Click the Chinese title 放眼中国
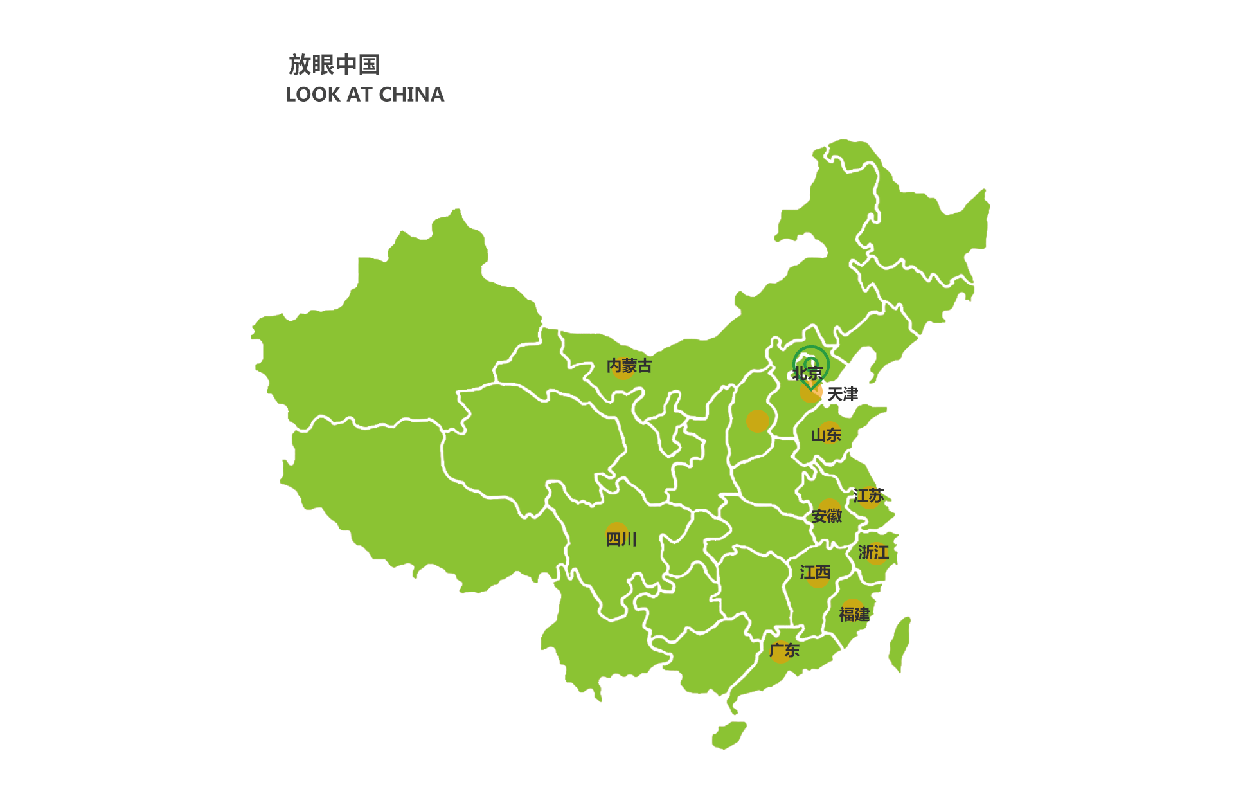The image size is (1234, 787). point(334,65)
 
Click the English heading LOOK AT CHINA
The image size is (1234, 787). point(364,95)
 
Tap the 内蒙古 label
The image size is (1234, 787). point(629,366)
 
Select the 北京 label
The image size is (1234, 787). point(807,374)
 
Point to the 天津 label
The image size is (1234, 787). point(842,394)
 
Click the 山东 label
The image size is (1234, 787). point(826,435)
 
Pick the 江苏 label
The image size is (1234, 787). point(868,496)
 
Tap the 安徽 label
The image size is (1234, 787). point(826,516)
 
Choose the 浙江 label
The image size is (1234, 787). point(873,552)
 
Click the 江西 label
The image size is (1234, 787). point(815,572)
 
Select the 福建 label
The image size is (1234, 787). point(854,615)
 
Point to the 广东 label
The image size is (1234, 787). point(784,651)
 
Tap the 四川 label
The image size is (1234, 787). point(621,539)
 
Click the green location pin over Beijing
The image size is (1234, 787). point(810,364)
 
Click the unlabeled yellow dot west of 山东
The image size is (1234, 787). point(758,421)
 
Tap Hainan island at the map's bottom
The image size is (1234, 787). point(729,735)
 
